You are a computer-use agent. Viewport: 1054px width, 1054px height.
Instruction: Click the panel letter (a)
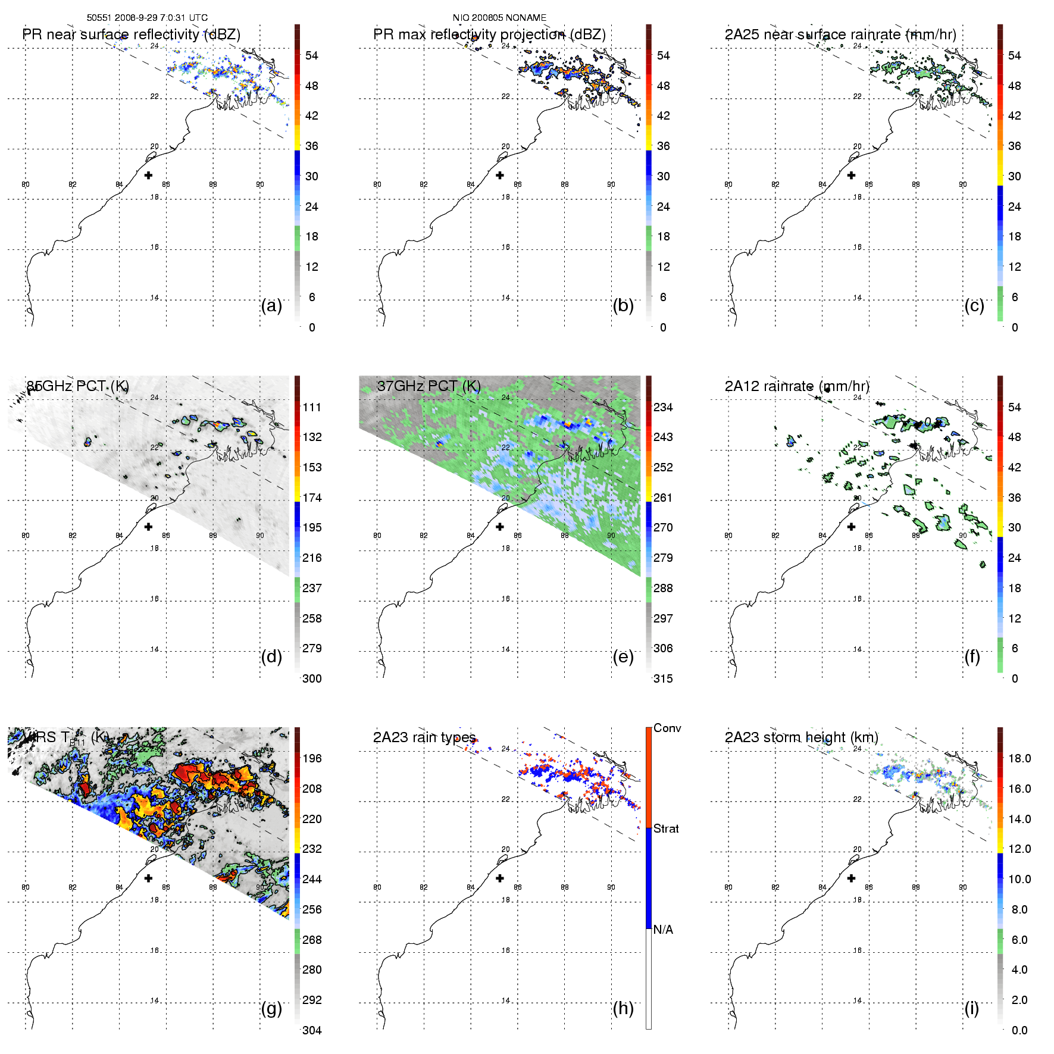click(271, 305)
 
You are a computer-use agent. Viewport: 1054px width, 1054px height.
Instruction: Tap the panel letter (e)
click(623, 656)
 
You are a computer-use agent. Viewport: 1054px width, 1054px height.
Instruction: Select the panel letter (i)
click(971, 1008)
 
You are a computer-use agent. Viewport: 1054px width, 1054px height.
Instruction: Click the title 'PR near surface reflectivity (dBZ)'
click(131, 35)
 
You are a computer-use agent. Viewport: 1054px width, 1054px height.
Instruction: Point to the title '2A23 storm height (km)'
click(801, 737)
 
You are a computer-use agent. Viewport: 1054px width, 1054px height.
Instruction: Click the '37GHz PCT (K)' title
click(429, 386)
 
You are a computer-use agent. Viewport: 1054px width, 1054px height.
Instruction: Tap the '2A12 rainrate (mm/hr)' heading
click(797, 386)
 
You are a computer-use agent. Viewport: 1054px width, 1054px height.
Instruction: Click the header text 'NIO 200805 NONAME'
click(499, 18)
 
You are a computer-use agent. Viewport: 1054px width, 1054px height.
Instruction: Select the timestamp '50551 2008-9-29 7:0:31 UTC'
click(147, 18)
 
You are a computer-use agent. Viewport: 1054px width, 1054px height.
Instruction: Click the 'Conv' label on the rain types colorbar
click(667, 728)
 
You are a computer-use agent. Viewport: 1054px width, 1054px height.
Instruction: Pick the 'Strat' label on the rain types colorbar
click(666, 828)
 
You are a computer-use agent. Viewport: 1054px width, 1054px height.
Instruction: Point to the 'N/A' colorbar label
click(663, 930)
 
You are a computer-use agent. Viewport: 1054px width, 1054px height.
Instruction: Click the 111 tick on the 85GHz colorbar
click(312, 407)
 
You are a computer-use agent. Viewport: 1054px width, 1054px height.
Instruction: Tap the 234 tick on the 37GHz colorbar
click(663, 407)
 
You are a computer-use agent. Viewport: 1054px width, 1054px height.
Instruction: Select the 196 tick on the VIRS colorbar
click(312, 758)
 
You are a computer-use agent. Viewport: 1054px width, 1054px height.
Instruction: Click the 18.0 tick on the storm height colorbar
click(1019, 758)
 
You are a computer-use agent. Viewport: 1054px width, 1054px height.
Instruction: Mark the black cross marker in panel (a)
click(148, 175)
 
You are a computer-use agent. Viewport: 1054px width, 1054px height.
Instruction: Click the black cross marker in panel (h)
click(500, 878)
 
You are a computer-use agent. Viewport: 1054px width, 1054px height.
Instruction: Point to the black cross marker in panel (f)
click(851, 527)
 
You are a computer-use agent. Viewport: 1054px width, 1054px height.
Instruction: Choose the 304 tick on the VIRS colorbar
click(312, 1030)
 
